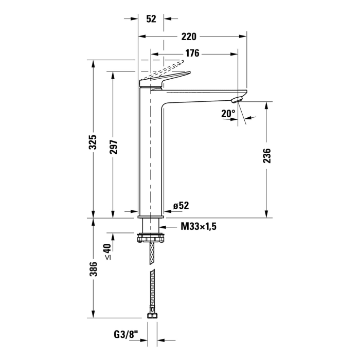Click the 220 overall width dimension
(189, 37)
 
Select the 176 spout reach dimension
(192, 53)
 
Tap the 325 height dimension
(93, 142)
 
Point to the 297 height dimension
(113, 147)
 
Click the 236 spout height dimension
(267, 156)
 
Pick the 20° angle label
(228, 114)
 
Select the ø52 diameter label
(181, 206)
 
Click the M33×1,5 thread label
(199, 227)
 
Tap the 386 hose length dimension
(93, 269)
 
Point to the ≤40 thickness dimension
(107, 251)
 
